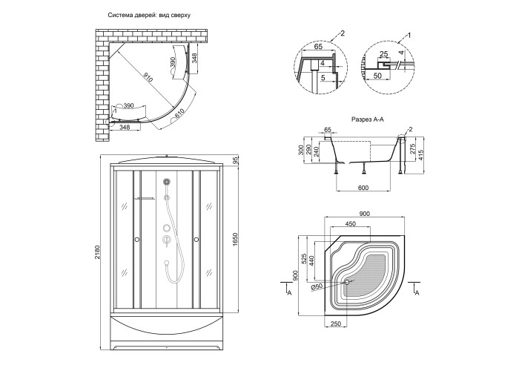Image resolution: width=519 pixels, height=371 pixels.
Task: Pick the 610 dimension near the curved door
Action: pyautogui.click(x=179, y=114)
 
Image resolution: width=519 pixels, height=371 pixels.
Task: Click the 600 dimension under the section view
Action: pyautogui.click(x=363, y=188)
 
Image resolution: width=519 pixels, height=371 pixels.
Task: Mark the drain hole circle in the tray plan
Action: pyautogui.click(x=347, y=281)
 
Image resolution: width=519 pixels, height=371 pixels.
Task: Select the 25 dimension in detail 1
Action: pyautogui.click(x=385, y=54)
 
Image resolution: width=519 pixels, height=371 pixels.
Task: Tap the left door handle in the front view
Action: pyautogui.click(x=136, y=239)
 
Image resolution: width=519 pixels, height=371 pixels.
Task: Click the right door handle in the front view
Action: pyautogui.click(x=197, y=239)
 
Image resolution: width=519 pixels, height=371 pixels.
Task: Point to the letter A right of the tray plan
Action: pyautogui.click(x=417, y=294)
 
